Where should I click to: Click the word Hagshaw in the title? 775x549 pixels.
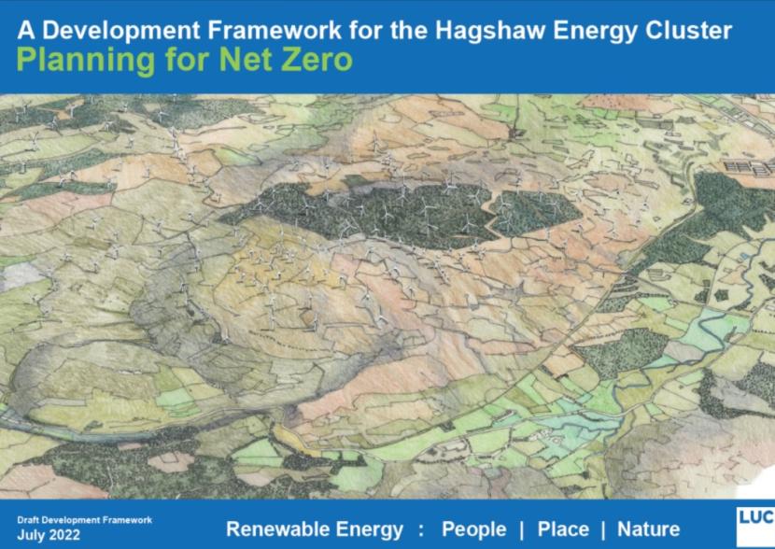point(490,31)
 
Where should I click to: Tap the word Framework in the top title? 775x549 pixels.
point(275,31)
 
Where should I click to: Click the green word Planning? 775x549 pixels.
point(86,62)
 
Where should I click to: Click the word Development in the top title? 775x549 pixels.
point(121,32)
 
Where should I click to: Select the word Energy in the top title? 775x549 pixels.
point(596,32)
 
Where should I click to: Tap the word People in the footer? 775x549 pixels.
point(474,529)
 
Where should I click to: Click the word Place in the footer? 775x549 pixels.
point(563,529)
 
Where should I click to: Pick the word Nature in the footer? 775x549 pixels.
point(648,529)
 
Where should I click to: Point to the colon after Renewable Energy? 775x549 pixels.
point(421,530)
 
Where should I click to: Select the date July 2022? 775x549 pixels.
point(49,535)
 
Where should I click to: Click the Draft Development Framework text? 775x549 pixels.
point(85,520)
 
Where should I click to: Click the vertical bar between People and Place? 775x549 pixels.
point(522,529)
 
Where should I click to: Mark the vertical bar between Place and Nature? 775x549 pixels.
point(603,529)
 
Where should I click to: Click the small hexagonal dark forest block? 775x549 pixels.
point(535,213)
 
